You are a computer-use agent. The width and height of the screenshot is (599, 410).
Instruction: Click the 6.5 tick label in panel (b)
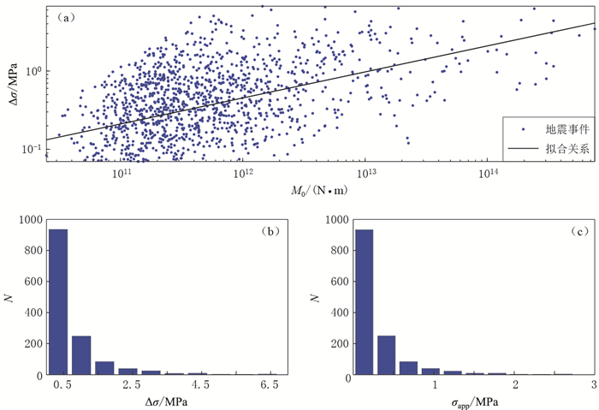coord(270,387)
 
